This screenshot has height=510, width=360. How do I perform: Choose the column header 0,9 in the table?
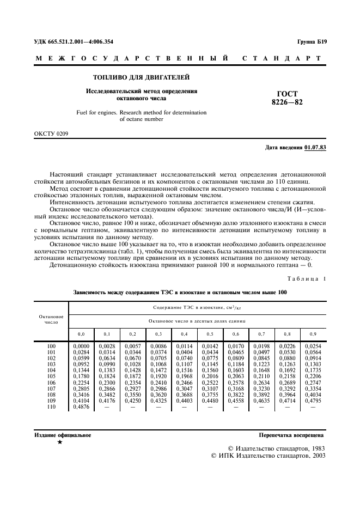point(313,333)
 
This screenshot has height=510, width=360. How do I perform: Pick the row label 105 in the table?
point(51,375)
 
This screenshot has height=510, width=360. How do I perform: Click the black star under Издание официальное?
point(59,442)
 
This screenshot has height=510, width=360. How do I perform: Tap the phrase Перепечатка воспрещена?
point(291,435)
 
